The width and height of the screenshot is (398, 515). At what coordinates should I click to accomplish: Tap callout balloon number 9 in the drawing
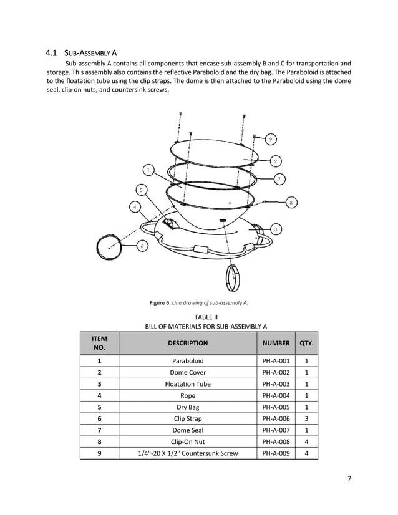271,138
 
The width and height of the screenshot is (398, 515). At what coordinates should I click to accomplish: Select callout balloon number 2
275,161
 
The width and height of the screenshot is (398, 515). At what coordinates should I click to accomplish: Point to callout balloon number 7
279,179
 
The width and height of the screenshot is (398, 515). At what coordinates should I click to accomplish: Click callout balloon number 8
291,203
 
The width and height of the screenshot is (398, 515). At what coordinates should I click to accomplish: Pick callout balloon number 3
275,229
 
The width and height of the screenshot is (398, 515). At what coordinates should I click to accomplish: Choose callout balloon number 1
148,170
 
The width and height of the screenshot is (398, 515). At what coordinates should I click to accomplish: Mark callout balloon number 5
142,189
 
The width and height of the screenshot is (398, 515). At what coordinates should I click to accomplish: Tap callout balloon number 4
134,206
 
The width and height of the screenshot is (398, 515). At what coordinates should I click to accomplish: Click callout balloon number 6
142,246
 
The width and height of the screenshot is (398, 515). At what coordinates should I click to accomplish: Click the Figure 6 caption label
198,303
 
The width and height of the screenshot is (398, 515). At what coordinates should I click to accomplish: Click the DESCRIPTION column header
187,343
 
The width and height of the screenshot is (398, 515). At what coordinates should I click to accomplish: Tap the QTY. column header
306,343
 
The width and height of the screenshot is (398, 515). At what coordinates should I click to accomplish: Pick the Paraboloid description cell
187,361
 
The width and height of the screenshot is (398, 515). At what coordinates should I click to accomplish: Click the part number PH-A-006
276,419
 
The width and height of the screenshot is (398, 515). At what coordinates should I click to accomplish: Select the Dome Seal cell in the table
187,430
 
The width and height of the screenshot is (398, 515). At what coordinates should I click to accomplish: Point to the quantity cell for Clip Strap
306,419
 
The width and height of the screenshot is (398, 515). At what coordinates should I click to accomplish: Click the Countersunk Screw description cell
187,453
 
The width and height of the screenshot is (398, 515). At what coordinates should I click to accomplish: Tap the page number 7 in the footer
349,479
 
